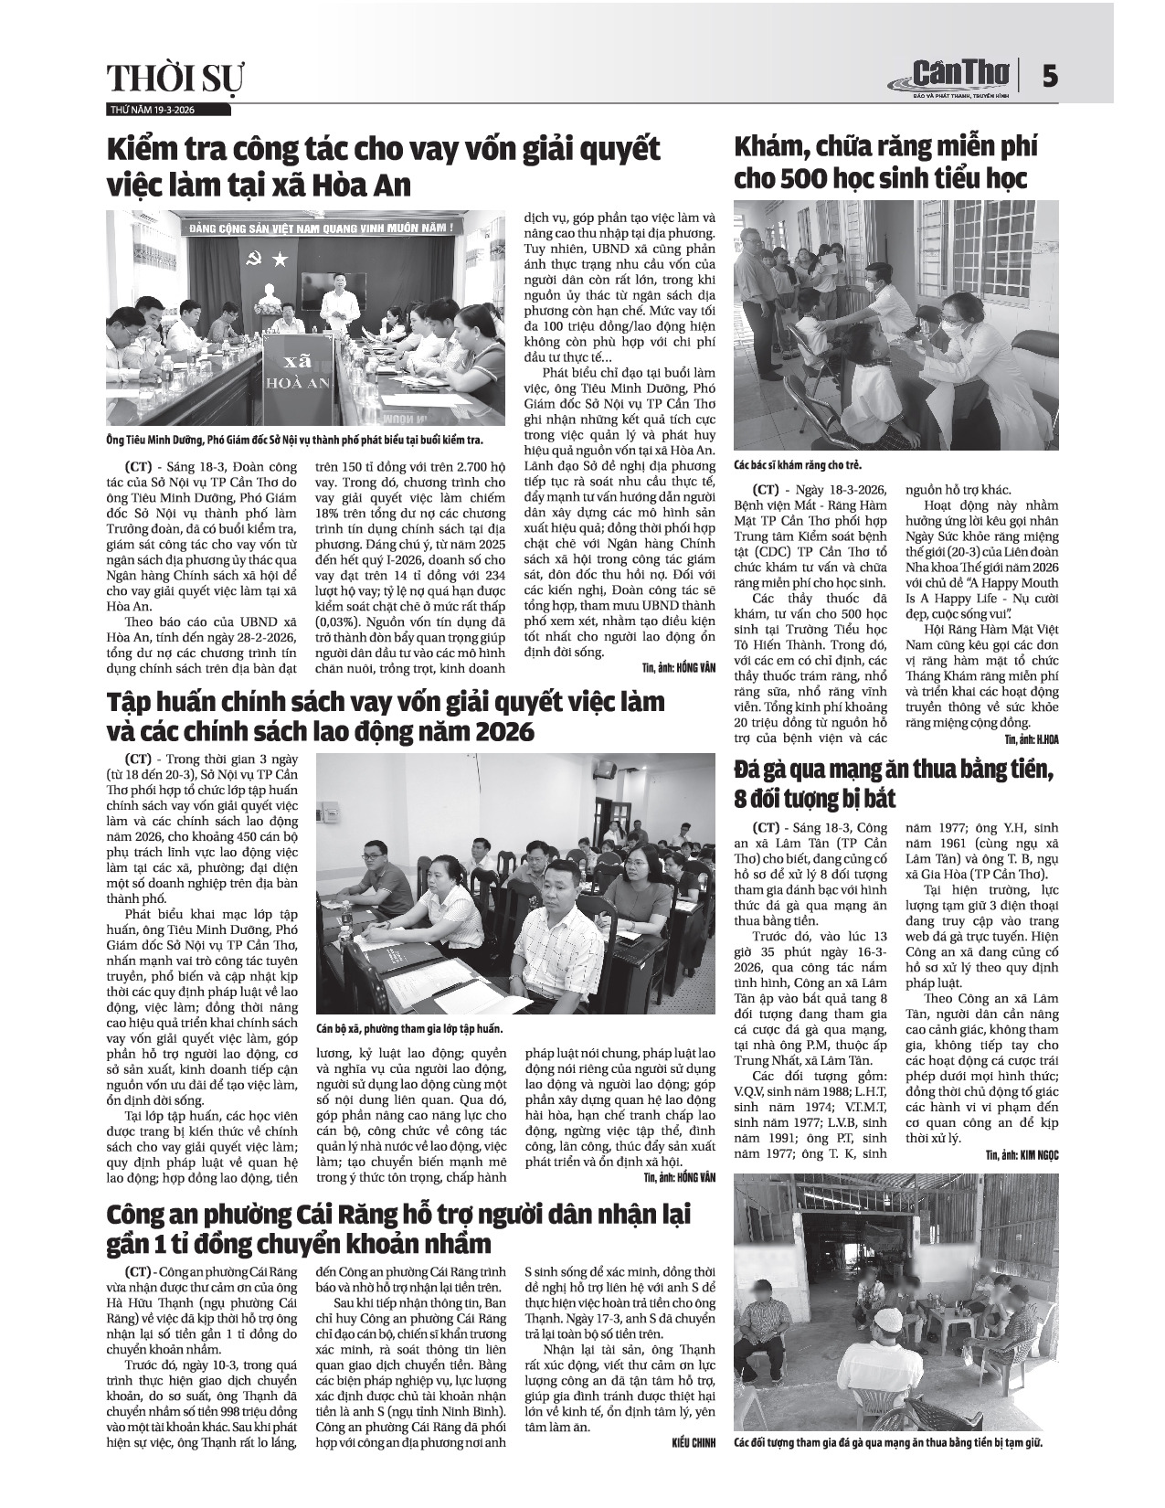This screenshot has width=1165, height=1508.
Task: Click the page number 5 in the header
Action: click(1051, 76)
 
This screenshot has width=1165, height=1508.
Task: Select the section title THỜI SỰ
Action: click(175, 80)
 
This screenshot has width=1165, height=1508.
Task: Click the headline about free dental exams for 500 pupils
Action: click(886, 162)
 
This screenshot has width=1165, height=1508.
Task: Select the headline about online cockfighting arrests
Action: click(895, 784)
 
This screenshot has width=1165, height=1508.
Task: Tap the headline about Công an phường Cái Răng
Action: click(398, 1228)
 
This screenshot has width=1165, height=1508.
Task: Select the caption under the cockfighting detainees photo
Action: click(888, 1443)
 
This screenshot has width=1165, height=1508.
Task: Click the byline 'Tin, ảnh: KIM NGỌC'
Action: click(1021, 1155)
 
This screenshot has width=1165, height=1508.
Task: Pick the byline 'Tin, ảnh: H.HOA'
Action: click(1031, 737)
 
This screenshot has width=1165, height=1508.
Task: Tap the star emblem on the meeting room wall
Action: click(280, 260)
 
